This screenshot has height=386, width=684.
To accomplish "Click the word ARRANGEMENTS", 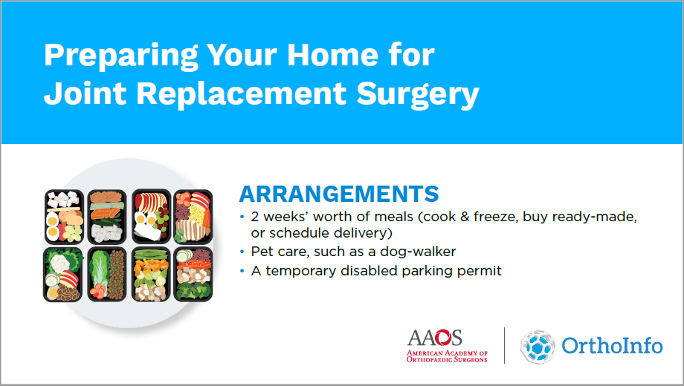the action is [x=339, y=194].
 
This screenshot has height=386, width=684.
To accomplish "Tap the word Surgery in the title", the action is [x=418, y=95].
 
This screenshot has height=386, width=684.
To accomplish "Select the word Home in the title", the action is [x=332, y=56].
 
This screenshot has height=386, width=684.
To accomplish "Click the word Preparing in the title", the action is [x=121, y=56].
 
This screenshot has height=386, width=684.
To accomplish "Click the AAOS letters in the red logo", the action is [x=434, y=338].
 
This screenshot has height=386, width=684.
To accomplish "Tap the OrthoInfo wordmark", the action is [x=612, y=346].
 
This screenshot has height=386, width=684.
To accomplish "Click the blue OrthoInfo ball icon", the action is [x=538, y=347].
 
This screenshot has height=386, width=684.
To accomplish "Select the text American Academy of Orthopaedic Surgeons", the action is [x=447, y=356].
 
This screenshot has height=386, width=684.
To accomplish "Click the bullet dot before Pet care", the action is [x=242, y=252].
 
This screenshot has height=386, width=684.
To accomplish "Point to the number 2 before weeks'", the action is [x=255, y=217].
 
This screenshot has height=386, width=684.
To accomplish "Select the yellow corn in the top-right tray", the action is [x=196, y=215].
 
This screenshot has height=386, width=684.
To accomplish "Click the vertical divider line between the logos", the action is [x=505, y=345].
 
